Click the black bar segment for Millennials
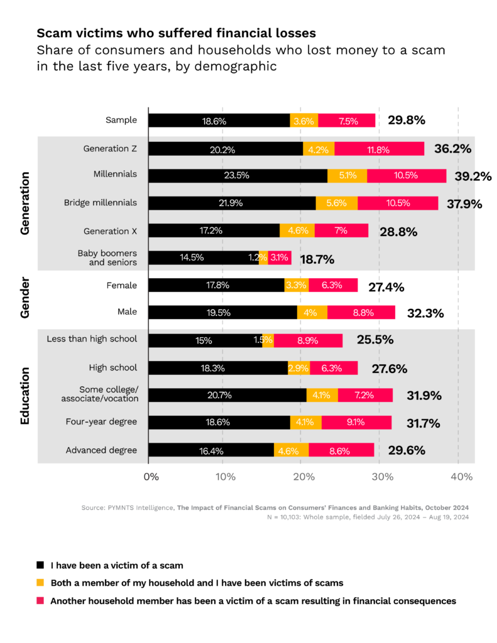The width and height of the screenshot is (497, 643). (x=238, y=176)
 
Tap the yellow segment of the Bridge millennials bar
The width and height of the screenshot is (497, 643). (x=336, y=203)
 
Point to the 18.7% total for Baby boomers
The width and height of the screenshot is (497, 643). (x=317, y=259)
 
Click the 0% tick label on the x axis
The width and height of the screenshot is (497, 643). (x=151, y=477)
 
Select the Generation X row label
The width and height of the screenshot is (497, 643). (x=110, y=230)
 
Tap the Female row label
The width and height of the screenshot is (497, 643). (x=122, y=285)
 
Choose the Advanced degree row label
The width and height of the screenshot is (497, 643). (x=101, y=450)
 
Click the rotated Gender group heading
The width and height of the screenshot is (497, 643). (x=25, y=298)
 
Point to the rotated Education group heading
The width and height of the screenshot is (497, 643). (x=25, y=396)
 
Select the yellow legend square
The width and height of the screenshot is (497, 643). (x=41, y=583)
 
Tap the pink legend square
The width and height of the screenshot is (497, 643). (x=41, y=601)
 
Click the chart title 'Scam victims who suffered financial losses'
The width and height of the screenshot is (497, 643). (x=176, y=33)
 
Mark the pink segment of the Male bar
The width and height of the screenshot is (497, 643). (x=361, y=313)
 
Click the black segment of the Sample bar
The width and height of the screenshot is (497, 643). (x=219, y=121)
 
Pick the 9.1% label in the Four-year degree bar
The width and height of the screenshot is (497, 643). (x=356, y=423)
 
